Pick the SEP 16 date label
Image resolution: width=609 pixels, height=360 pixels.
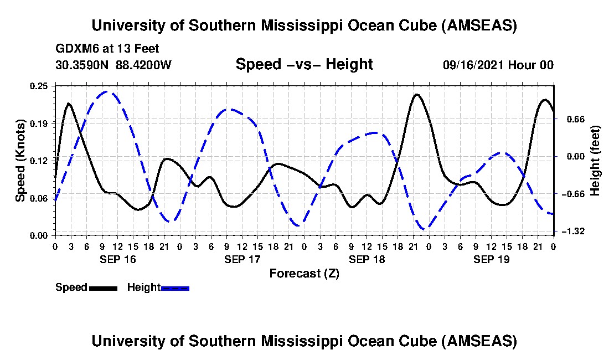117,259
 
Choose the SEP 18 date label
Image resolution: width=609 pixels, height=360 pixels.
366,259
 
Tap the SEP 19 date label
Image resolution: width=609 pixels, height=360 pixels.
491,259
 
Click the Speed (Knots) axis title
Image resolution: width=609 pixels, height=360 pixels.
20,161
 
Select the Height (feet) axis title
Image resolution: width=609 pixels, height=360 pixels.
596,161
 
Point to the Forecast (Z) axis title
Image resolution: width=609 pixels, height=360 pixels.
304,274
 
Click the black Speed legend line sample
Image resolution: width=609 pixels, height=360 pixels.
102,288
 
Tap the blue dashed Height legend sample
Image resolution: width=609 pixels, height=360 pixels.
175,288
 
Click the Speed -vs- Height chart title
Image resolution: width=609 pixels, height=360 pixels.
304,65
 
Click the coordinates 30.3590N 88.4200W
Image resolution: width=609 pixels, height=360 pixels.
113,65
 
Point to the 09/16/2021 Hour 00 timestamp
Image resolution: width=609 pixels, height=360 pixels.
498,65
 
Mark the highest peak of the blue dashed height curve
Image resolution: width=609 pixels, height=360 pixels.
109,91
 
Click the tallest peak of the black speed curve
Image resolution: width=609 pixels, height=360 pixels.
416,94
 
